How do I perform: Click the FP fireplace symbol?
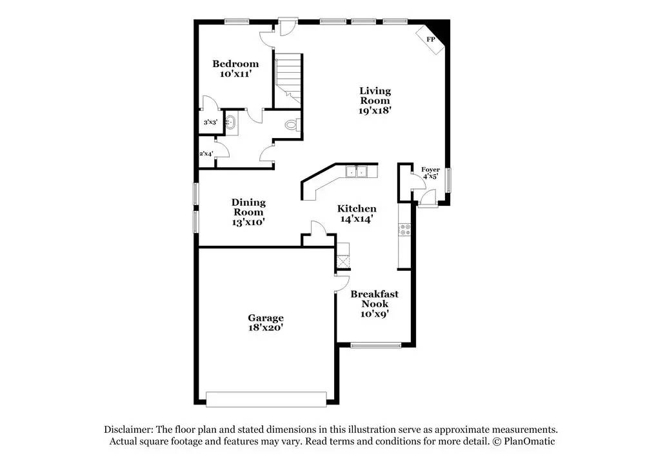[430, 39]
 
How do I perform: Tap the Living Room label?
[375, 100]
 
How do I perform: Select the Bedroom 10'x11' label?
[235, 68]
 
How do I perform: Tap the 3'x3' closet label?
[210, 122]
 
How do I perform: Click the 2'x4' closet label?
[206, 154]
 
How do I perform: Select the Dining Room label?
[248, 212]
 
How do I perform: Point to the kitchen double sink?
[356, 172]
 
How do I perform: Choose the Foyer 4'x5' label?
[430, 173]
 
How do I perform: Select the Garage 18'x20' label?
[266, 323]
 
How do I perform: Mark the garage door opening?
[266, 399]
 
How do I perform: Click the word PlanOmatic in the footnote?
[528, 442]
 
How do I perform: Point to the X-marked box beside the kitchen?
[342, 261]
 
